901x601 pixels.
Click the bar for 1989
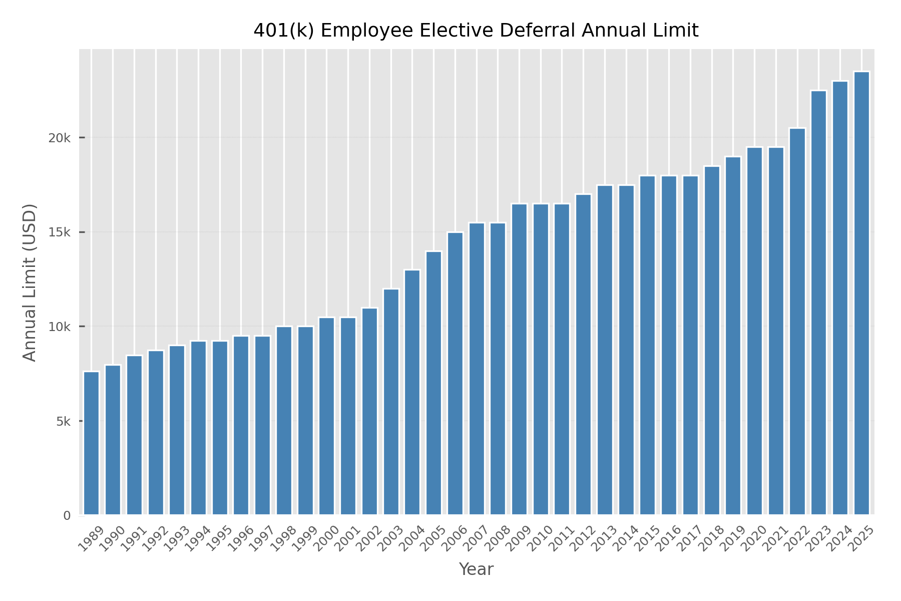pos(91,443)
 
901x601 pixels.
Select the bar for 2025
pos(861,293)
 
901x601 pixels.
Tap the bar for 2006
pos(455,373)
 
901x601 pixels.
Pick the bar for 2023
pos(818,303)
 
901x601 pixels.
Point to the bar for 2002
pos(369,411)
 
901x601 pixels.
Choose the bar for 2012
pos(583,354)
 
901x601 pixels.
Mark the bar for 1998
pos(284,421)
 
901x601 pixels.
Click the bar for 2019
pos(733,336)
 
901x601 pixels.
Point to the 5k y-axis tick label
pos(63,421)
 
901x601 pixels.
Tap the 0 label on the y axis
pos(67,515)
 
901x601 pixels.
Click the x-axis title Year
pos(476,569)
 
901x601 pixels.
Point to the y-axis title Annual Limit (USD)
pos(31,282)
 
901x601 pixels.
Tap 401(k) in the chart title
pos(283,31)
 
